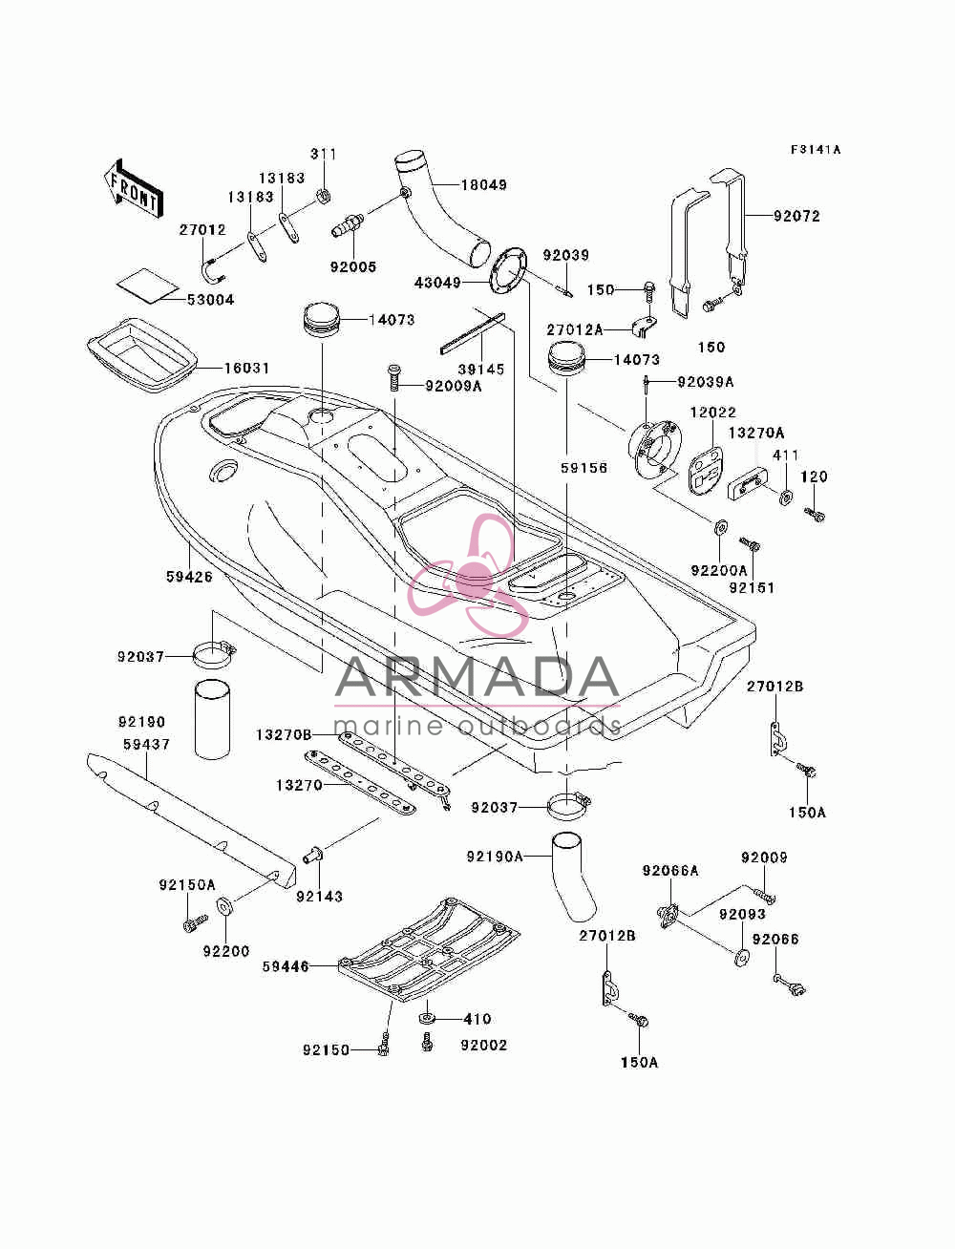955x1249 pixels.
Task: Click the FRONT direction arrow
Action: [134, 187]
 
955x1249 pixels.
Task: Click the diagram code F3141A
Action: [815, 150]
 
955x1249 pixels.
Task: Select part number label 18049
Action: [483, 185]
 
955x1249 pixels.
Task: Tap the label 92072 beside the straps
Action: [796, 216]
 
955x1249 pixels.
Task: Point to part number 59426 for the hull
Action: [189, 577]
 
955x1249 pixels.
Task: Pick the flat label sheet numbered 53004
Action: [147, 286]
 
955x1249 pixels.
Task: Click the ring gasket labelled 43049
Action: [508, 270]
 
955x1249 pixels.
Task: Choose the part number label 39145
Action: [481, 370]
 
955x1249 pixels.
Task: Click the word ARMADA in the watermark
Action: [477, 677]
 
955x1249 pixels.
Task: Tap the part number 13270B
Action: [284, 735]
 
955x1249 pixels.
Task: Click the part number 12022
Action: [713, 412]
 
